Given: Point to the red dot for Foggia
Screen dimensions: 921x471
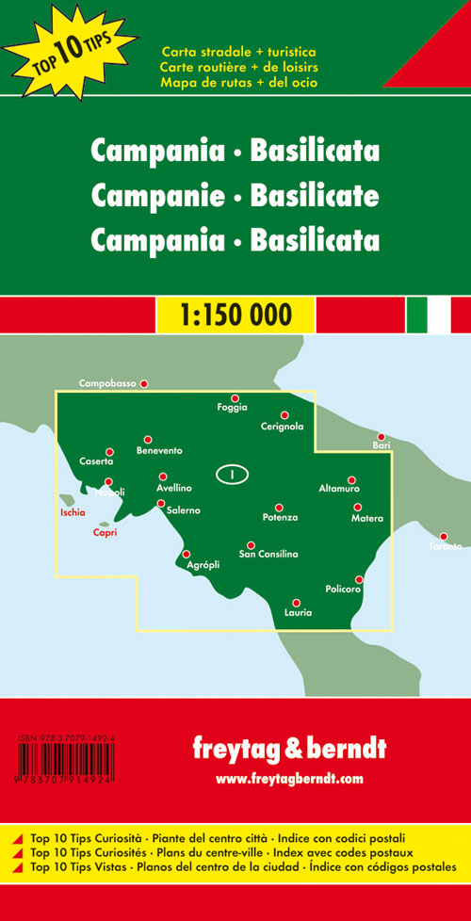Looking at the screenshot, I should [x=235, y=398].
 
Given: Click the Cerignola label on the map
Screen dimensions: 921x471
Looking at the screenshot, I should [x=283, y=427].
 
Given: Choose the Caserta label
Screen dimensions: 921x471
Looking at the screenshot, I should [x=97, y=462].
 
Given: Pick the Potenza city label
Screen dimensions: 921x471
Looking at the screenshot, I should [x=280, y=518].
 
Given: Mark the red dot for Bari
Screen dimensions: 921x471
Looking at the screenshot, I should [x=381, y=437].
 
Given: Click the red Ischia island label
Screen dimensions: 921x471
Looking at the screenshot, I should [x=73, y=513].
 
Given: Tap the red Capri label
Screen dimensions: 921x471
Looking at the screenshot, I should [x=105, y=534].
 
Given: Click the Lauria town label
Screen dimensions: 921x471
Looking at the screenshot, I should [x=298, y=613].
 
